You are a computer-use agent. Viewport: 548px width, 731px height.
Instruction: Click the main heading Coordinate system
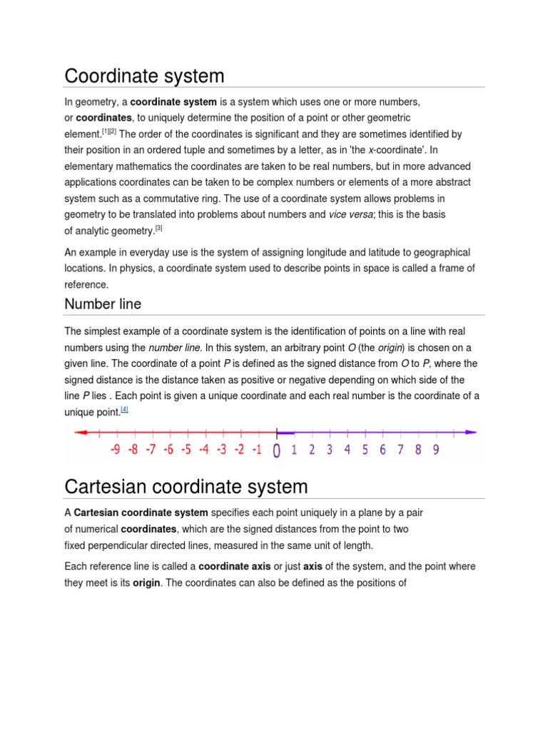pos(144,76)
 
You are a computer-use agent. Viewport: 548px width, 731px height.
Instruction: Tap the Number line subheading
pos(103,304)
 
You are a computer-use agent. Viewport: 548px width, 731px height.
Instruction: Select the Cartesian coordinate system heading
pos(186,487)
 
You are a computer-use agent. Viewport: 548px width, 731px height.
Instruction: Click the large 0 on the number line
pos(277,450)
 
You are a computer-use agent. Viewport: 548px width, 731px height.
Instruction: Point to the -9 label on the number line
pos(116,450)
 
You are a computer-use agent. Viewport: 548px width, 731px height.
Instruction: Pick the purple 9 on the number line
pos(435,450)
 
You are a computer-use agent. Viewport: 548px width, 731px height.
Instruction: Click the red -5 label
pos(186,450)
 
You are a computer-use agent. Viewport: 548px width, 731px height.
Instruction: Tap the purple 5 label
pos(365,450)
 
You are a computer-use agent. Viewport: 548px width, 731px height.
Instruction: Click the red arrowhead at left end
pos(80,432)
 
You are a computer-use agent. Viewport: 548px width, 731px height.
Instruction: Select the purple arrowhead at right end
pos(471,432)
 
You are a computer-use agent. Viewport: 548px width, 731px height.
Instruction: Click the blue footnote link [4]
pos(124,410)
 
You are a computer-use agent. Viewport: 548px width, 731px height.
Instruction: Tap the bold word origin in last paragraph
pos(146,583)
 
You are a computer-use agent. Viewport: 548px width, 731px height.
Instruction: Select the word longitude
pos(370,252)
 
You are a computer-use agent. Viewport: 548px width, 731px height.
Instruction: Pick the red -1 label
pos(257,450)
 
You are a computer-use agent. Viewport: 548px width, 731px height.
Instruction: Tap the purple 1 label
pos(294,450)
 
